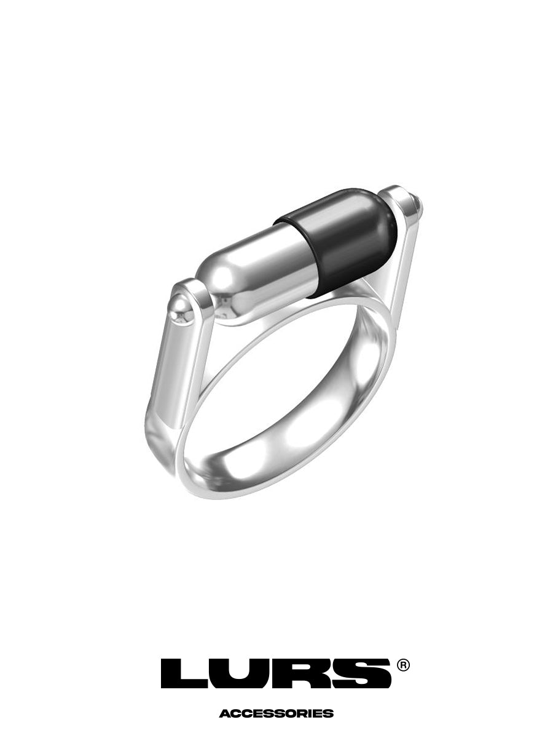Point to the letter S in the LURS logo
[x=359, y=673]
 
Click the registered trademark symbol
[x=403, y=665]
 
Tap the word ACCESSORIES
[x=276, y=713]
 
